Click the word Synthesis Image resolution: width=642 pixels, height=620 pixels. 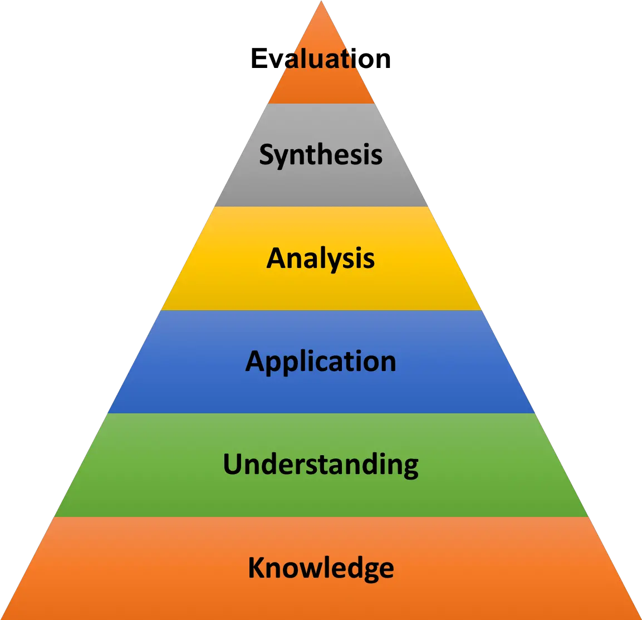click(321, 154)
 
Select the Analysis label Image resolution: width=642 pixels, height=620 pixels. click(321, 258)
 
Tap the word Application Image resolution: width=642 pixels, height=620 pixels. click(321, 362)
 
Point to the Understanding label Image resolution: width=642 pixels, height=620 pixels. click(321, 465)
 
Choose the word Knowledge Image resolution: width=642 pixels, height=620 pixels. click(321, 568)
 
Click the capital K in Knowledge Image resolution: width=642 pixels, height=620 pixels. click(256, 568)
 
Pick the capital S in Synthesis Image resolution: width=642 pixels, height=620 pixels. click(267, 154)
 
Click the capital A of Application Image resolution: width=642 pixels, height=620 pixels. click(255, 361)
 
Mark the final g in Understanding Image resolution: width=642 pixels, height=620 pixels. click(409, 467)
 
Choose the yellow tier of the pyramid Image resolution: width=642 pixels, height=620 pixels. click(321, 290)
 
